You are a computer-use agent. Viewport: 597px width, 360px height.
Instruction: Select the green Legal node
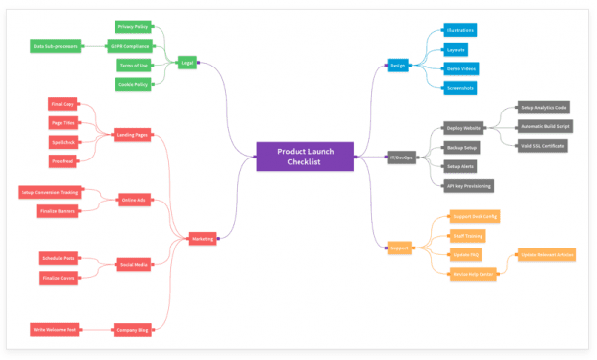(187, 63)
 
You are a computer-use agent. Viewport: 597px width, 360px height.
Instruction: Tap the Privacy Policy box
(133, 26)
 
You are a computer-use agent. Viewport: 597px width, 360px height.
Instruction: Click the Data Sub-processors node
(56, 45)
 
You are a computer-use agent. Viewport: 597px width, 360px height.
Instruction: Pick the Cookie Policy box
(133, 84)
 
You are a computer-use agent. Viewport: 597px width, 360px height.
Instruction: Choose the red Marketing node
(203, 237)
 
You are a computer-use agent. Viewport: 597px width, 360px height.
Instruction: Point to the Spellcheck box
(64, 142)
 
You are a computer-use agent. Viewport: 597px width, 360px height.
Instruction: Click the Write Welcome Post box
(55, 329)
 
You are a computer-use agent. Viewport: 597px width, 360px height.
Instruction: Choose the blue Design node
(398, 66)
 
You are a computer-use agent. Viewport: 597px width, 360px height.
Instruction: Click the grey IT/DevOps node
(401, 157)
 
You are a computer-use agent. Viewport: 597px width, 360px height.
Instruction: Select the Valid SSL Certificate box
(543, 146)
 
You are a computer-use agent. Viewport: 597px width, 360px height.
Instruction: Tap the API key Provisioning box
(469, 185)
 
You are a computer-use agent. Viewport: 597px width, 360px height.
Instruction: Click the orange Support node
(398, 248)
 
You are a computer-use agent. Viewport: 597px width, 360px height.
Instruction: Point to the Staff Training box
(469, 235)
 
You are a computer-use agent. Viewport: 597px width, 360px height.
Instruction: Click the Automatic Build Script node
(545, 126)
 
